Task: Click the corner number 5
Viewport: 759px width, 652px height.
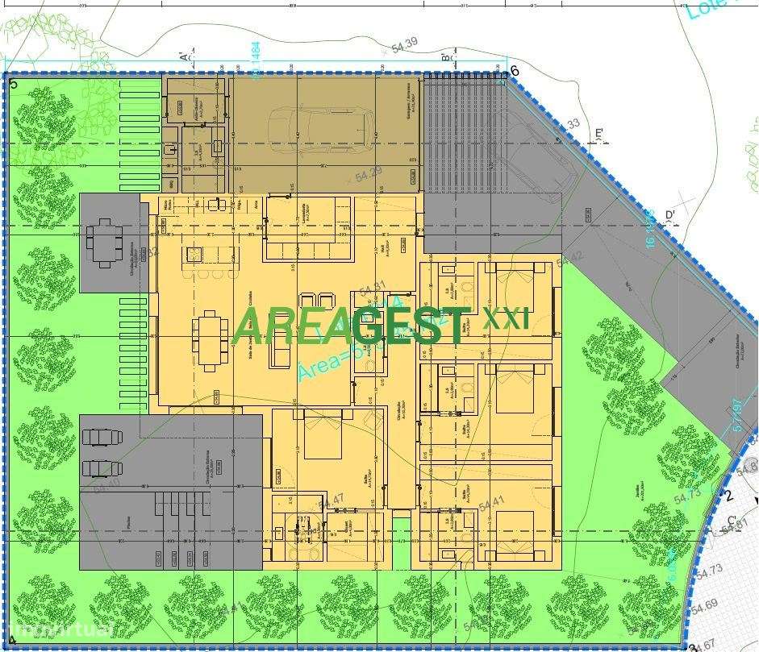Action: pyautogui.click(x=13, y=82)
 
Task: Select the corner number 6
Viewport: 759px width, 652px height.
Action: pyautogui.click(x=515, y=70)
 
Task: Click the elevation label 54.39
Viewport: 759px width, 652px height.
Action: pyautogui.click(x=404, y=46)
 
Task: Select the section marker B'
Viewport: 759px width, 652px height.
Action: pyautogui.click(x=446, y=57)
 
